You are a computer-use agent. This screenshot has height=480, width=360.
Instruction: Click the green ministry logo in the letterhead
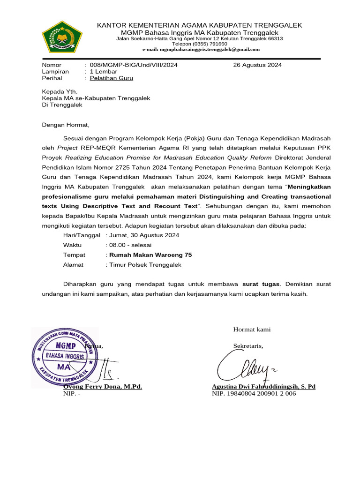tap(62, 36)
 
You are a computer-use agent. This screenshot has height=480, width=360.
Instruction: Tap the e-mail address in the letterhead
tap(201, 49)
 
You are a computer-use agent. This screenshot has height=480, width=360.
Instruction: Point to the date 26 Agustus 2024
tap(257, 65)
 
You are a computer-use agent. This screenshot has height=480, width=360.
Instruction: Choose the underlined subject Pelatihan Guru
tap(111, 78)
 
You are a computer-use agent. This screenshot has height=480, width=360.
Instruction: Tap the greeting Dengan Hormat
tap(65, 125)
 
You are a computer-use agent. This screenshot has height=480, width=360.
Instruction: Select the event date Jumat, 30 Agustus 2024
tap(143, 235)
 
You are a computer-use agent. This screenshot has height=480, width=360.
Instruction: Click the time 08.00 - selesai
tap(130, 245)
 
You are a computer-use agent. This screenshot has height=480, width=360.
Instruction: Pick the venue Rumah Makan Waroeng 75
tap(150, 255)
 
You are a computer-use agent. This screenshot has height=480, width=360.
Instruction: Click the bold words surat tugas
tap(261, 284)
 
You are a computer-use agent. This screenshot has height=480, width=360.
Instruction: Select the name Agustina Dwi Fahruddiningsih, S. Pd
tap(263, 387)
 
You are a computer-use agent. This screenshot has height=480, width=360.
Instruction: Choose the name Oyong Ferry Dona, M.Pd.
tap(103, 387)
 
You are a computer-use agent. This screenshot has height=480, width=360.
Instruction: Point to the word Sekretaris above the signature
tap(248, 346)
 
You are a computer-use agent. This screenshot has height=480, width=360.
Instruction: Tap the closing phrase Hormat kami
tap(252, 330)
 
